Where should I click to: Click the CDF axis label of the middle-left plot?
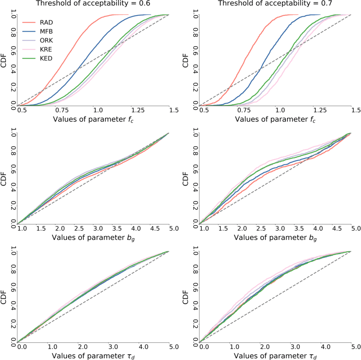[x=4, y=179]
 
